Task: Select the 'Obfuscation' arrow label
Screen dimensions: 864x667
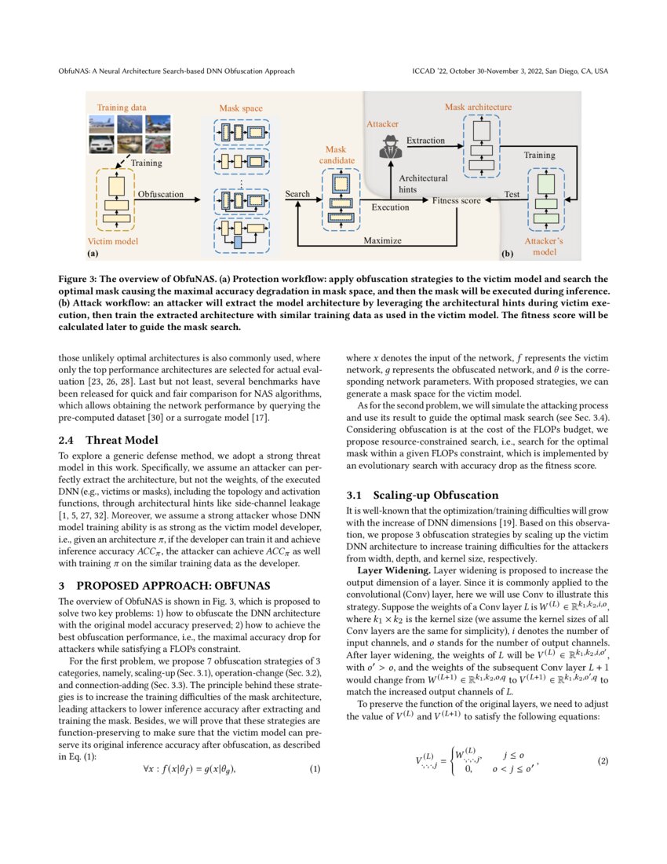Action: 161,194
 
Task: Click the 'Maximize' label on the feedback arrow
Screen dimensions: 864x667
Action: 382,240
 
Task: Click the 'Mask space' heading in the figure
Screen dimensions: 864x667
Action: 241,108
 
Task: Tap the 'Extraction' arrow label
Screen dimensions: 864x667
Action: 425,141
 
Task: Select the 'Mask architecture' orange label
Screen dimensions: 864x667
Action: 478,107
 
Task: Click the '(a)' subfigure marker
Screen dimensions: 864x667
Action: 93,254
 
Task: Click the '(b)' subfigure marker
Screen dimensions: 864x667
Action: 507,254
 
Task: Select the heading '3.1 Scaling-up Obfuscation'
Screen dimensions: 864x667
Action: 422,496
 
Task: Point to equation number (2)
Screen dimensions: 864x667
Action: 603,761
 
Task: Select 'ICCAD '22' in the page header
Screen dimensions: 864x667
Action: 432,71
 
